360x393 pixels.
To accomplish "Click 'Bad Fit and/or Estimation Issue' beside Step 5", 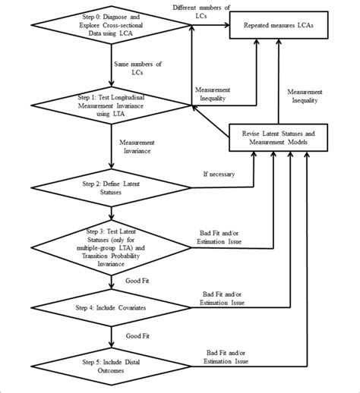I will pyautogui.click(x=229, y=357).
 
